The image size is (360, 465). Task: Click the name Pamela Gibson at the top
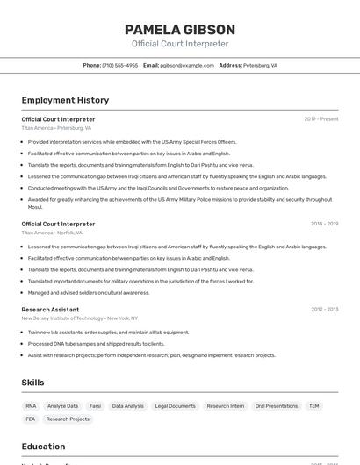[x=179, y=29]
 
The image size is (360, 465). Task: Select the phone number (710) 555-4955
[x=119, y=65]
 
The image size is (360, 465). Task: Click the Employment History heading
[x=65, y=100]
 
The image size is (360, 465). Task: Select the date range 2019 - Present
[x=320, y=118]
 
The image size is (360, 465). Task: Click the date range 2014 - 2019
[x=324, y=224]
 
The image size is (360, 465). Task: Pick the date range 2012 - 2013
[x=324, y=309]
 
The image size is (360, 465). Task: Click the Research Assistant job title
[x=50, y=309]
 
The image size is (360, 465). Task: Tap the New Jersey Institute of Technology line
[x=79, y=318]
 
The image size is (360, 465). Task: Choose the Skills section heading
[x=32, y=383]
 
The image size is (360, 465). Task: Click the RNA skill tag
[x=31, y=406]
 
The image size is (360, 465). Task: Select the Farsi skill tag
[x=95, y=406]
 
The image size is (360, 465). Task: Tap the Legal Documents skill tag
[x=175, y=406]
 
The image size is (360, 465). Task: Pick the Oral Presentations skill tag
[x=276, y=406]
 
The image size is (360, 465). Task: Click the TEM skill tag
[x=313, y=406]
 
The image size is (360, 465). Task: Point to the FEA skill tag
[x=31, y=419]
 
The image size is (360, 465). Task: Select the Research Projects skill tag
[x=68, y=419]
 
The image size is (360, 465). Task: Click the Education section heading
[x=43, y=446]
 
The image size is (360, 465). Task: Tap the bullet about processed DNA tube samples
[x=96, y=344]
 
